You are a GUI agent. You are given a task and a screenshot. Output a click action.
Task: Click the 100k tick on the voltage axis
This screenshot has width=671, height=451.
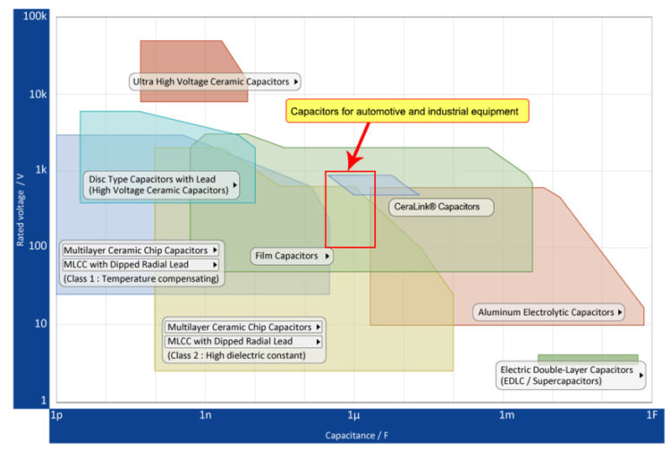(x=35, y=16)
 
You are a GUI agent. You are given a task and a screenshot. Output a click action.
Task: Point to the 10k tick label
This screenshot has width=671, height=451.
(x=38, y=94)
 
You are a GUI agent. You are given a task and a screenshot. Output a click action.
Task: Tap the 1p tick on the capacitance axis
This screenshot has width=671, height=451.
(x=56, y=415)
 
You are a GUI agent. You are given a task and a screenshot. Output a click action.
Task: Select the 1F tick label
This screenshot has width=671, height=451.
(x=651, y=414)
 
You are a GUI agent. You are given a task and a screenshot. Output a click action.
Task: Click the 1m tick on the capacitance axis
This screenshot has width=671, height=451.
(x=506, y=414)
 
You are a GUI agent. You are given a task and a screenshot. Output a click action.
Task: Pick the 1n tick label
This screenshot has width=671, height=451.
(x=206, y=414)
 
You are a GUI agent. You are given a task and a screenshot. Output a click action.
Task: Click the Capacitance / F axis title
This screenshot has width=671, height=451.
(x=356, y=435)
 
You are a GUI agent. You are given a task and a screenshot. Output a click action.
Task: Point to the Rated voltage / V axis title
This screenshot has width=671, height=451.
(x=20, y=209)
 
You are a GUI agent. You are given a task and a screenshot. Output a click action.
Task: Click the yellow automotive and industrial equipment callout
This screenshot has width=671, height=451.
(x=407, y=111)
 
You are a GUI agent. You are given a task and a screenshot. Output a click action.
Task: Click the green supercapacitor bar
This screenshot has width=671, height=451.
(x=588, y=358)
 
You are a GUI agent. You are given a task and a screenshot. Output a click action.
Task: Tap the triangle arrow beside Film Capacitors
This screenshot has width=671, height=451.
(x=327, y=256)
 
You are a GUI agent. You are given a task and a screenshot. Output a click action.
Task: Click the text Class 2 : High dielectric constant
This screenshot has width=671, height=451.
(x=236, y=355)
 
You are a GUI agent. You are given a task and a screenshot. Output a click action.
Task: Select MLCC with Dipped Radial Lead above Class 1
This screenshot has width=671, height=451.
(x=126, y=265)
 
